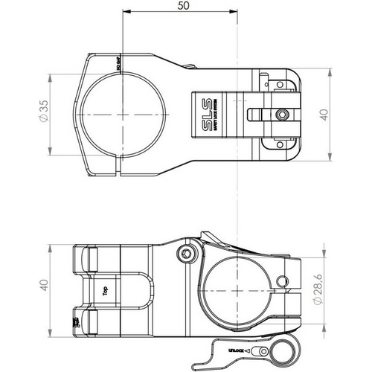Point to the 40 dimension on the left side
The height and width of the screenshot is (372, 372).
pyautogui.click(x=44, y=286)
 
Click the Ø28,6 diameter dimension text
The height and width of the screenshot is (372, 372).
pyautogui.click(x=319, y=286)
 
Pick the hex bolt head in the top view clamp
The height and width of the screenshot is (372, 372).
pyautogui.click(x=280, y=115)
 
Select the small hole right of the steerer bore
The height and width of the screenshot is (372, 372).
pyautogui.click(x=282, y=280)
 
